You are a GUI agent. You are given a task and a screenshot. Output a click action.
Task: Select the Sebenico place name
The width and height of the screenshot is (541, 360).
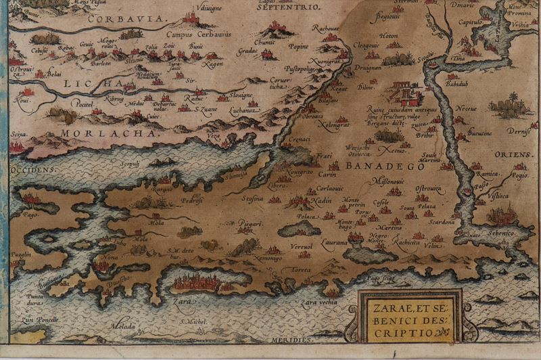[498, 233]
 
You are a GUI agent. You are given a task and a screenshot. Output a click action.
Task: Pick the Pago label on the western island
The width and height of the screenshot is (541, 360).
[29, 215]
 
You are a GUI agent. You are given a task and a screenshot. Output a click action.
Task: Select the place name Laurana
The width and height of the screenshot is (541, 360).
[334, 240]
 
